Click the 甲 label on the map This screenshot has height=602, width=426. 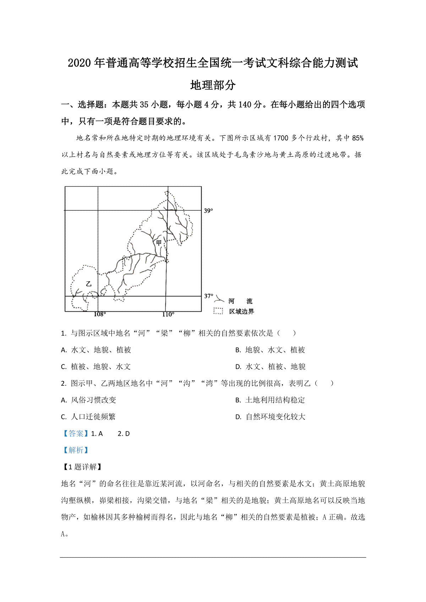[159, 243]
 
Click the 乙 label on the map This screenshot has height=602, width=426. [89, 284]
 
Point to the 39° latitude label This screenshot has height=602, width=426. [208, 211]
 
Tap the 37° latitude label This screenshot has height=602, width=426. [209, 296]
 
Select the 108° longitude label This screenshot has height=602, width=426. [100, 314]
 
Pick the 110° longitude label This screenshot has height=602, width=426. [168, 314]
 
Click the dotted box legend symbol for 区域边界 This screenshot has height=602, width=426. [218, 311]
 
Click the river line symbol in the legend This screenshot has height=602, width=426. [219, 300]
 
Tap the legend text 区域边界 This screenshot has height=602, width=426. [241, 311]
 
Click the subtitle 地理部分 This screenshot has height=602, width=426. [213, 85]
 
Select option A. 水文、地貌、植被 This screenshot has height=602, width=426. [96, 350]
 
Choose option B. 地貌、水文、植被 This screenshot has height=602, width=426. [270, 350]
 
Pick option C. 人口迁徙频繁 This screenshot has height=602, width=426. [88, 417]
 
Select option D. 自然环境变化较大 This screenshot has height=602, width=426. [270, 417]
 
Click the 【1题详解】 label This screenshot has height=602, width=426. [82, 467]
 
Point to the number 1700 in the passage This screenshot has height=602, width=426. [280, 138]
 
